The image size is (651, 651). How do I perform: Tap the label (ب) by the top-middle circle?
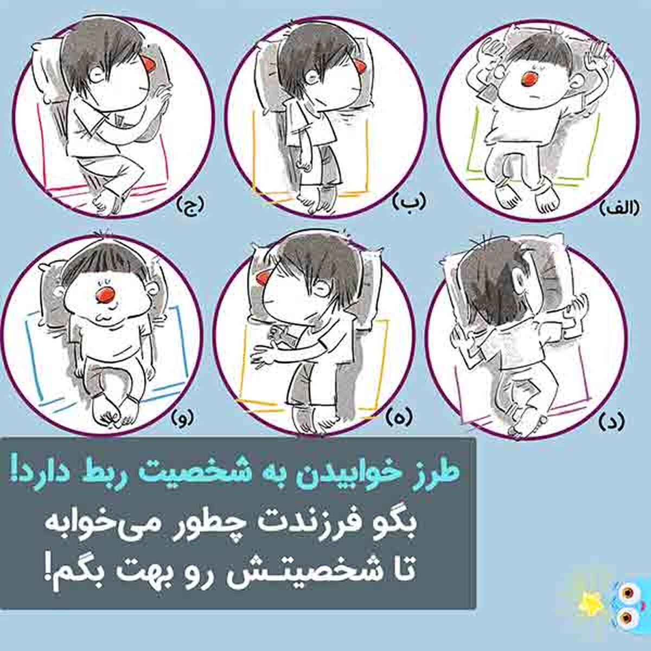pyautogui.click(x=409, y=201)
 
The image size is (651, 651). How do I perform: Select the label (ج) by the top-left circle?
pyautogui.click(x=190, y=205)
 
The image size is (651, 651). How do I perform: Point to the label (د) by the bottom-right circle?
pyautogui.click(x=611, y=421)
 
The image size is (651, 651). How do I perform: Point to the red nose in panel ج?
pyautogui.click(x=148, y=63)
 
